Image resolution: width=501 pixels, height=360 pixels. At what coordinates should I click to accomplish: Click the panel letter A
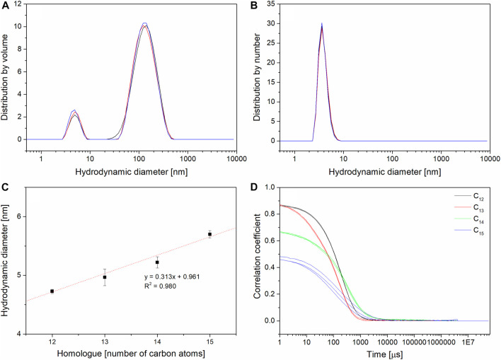pos(6,7)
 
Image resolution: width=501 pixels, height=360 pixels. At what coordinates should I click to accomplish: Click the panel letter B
pos(260,7)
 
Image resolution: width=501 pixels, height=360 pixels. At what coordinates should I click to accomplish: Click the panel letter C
pos(6,187)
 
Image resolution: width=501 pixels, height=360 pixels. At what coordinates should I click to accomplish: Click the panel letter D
pos(260,187)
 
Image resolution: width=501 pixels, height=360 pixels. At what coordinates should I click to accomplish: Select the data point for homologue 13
pos(105,277)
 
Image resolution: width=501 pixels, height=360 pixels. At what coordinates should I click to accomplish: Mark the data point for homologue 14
pos(157,262)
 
